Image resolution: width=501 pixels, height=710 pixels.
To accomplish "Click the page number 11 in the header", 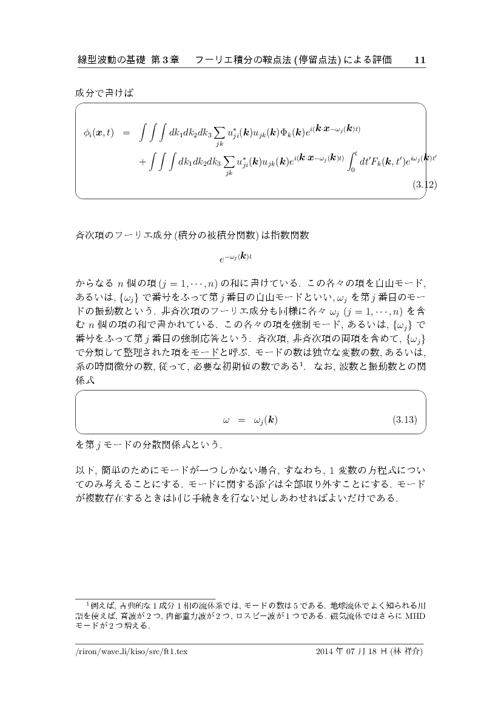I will (x=419, y=60).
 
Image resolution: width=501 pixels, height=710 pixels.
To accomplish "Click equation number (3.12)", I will (x=424, y=184).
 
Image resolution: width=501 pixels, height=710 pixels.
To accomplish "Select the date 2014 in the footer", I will (x=326, y=652).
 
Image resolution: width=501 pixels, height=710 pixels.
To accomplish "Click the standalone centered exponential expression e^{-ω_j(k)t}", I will (x=235, y=258).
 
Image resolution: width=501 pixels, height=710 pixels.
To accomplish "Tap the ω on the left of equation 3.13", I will (x=226, y=420).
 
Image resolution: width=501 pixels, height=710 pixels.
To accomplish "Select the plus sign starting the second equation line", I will (x=143, y=164).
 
